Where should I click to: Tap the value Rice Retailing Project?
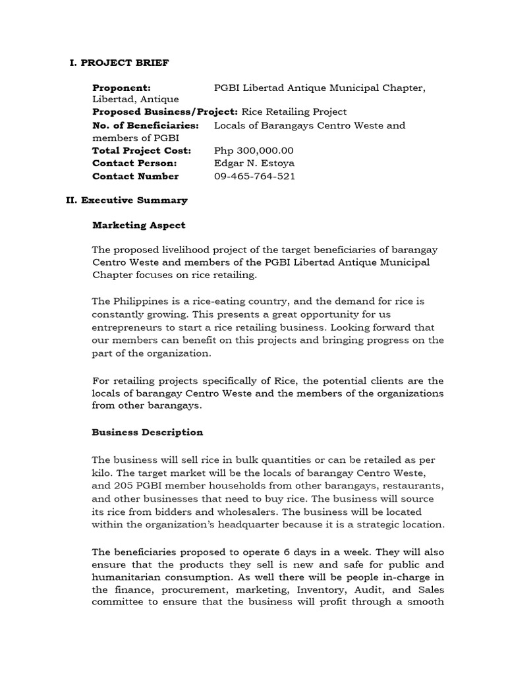pyautogui.click(x=294, y=112)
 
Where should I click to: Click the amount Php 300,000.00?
pyautogui.click(x=254, y=151)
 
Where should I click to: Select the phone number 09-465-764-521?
pyautogui.click(x=255, y=176)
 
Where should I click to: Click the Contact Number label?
pyautogui.click(x=135, y=176)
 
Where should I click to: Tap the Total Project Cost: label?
pyautogui.click(x=141, y=151)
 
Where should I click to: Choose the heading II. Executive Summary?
pyautogui.click(x=126, y=200)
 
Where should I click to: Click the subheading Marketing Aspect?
pyautogui.click(x=138, y=225)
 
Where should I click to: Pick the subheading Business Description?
pyautogui.click(x=148, y=432)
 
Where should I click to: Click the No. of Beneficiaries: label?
pyautogui.click(x=146, y=125)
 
